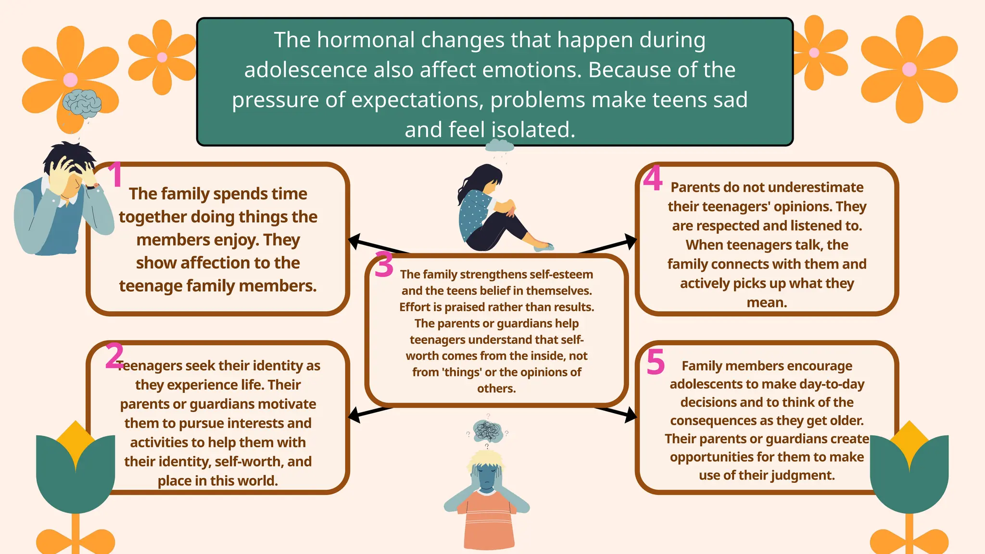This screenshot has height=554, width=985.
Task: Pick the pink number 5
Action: pyautogui.click(x=656, y=362)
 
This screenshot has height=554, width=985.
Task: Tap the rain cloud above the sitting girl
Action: pyautogui.click(x=499, y=145)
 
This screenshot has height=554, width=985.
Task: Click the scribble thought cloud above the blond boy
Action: pyautogui.click(x=488, y=430)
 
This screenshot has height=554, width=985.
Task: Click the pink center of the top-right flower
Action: pyautogui.click(x=909, y=70)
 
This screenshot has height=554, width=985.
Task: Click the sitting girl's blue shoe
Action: pyautogui.click(x=544, y=247)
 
